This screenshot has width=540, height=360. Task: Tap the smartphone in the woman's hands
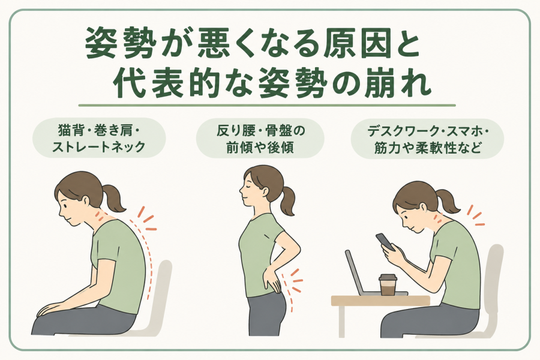(x=385, y=242)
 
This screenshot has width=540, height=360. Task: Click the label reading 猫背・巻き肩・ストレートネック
(x=99, y=139)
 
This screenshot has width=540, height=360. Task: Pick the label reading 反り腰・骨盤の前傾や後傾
(x=260, y=139)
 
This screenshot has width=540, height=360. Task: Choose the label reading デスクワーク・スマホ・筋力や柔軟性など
(x=427, y=139)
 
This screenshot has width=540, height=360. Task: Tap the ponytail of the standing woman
(x=287, y=200)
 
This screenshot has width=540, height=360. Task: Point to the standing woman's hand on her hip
(x=272, y=281)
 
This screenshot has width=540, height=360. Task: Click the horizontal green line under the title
(x=267, y=105)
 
